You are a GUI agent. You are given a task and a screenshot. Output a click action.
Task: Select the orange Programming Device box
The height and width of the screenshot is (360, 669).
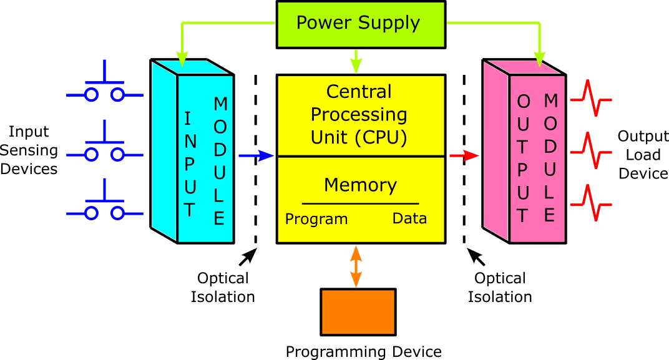(x=358, y=311)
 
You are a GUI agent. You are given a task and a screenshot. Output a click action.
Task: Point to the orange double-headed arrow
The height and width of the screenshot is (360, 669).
(x=356, y=266)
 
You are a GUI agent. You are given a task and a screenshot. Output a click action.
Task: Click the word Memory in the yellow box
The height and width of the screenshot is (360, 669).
(x=360, y=185)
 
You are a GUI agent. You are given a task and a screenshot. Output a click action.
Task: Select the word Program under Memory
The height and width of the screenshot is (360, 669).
(x=316, y=219)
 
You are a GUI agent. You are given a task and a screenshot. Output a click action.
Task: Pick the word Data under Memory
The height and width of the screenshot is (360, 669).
(x=409, y=218)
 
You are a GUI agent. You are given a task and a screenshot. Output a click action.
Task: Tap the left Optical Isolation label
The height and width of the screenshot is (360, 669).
(x=223, y=287)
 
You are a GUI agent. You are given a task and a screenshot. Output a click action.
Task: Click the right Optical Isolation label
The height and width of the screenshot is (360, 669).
(x=500, y=287)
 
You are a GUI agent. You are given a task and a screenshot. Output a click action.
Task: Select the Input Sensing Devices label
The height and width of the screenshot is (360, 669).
(x=29, y=150)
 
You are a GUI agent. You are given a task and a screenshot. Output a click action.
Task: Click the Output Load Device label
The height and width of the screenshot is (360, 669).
(x=643, y=155)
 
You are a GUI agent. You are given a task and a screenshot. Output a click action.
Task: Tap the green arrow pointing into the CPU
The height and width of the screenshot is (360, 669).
(x=356, y=61)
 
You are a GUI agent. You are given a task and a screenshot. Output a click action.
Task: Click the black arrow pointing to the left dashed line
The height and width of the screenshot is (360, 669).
(x=248, y=257)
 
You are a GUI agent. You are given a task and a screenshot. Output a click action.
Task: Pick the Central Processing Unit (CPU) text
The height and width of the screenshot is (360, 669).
(x=359, y=115)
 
